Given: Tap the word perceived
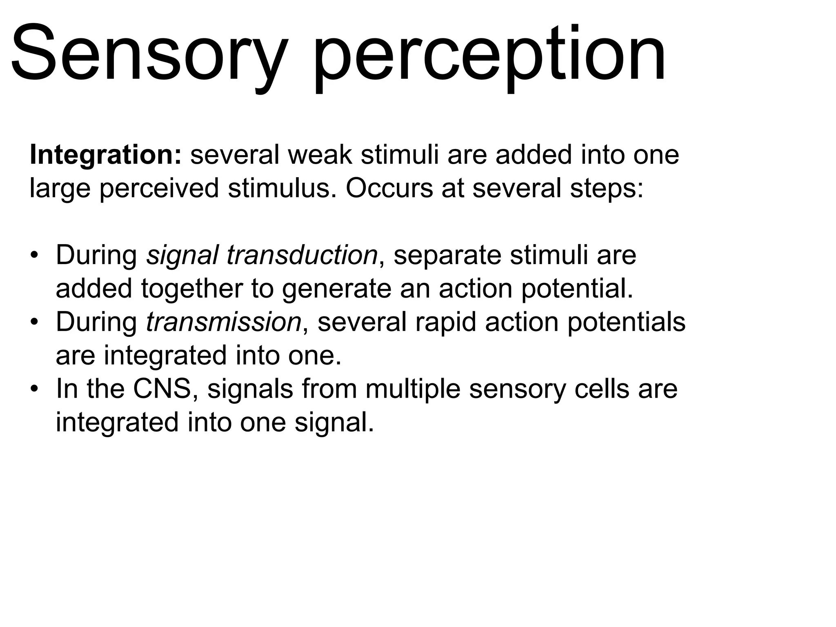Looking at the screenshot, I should coord(159,189).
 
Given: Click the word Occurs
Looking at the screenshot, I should coord(389,188).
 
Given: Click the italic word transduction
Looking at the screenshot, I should coord(302,256).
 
